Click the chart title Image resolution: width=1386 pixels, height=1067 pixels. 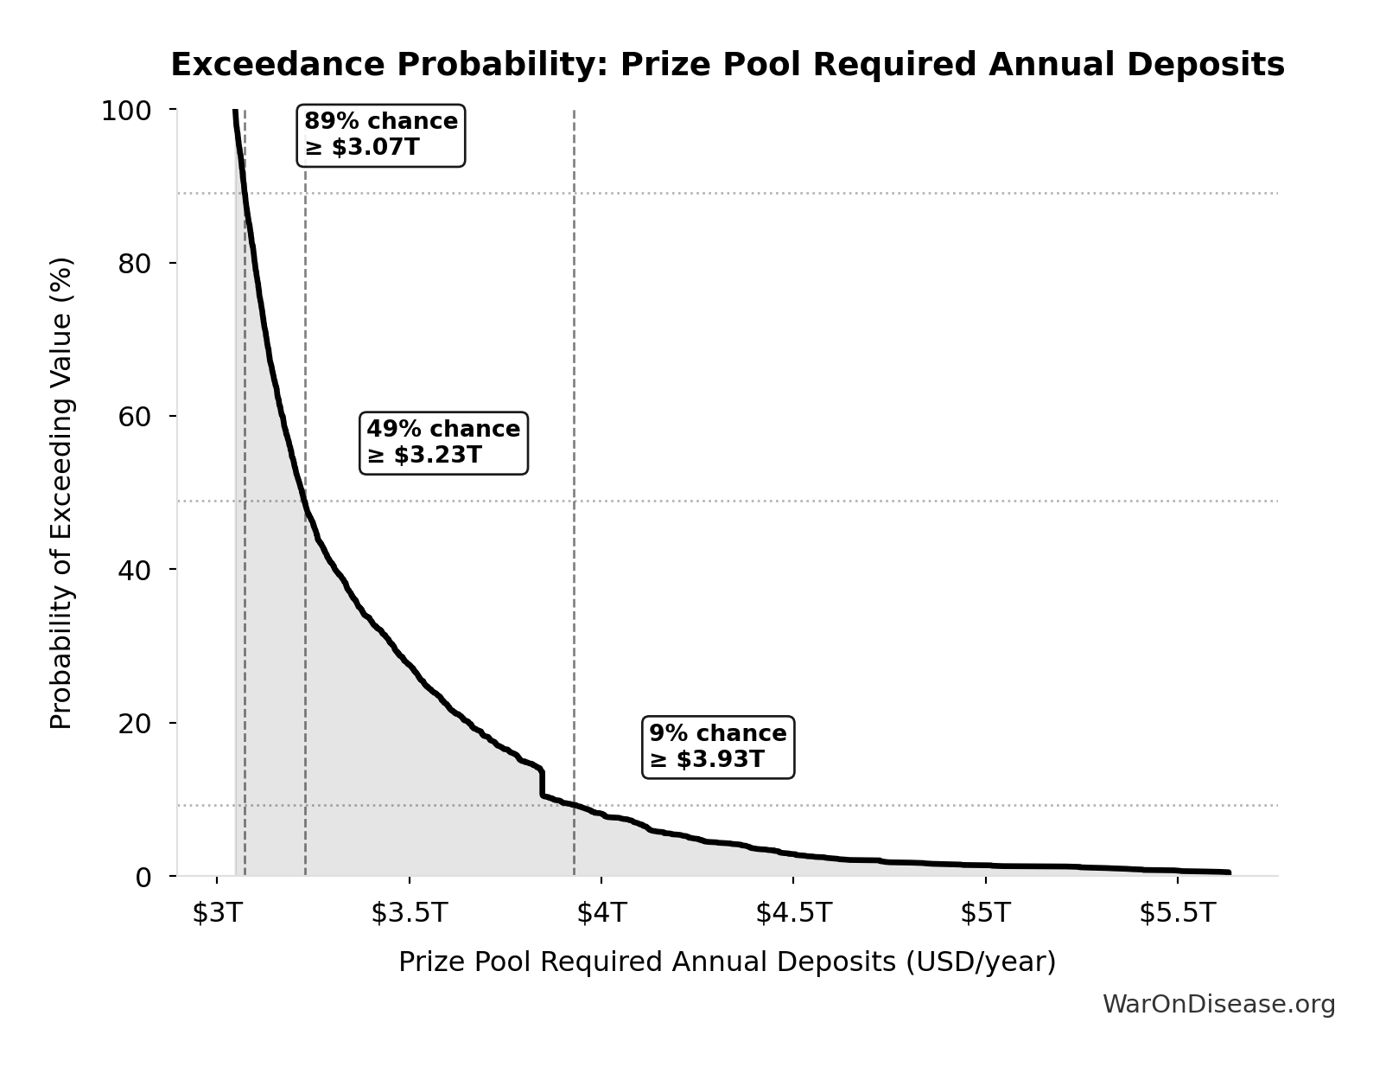728,66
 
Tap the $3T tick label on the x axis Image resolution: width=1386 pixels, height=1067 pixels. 218,913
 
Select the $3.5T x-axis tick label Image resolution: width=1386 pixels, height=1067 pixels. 410,913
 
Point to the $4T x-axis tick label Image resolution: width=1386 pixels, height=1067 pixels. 602,913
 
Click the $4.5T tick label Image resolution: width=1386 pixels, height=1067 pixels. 794,913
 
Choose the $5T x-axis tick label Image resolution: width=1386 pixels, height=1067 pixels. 986,913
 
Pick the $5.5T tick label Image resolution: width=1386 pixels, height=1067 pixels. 1178,913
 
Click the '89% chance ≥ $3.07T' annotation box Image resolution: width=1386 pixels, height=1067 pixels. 381,135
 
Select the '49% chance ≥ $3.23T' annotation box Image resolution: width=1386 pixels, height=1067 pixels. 443,443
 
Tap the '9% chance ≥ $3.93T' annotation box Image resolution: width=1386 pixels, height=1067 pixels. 718,747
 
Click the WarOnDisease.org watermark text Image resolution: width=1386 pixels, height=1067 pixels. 1218,1005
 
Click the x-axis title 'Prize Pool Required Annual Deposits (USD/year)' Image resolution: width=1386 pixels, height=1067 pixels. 727,962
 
